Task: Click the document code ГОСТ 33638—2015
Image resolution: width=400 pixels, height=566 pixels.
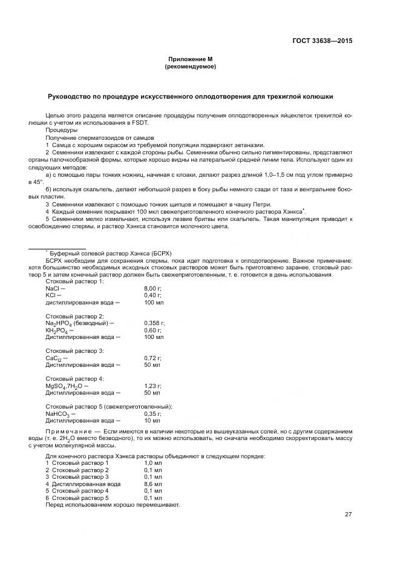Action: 322,42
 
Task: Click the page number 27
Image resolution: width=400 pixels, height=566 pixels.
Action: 349,515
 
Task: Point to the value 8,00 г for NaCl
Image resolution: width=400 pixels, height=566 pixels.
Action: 153,288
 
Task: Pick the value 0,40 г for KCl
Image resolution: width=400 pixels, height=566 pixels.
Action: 153,295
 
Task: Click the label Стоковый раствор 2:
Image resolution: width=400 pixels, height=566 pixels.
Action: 75,316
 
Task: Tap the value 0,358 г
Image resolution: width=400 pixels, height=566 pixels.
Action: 154,323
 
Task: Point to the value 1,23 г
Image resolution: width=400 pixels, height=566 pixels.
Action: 153,386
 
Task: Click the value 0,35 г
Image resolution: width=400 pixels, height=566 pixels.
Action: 153,413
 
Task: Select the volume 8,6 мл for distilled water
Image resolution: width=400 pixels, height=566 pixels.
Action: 152,484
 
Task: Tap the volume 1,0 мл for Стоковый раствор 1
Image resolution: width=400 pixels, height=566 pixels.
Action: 152,462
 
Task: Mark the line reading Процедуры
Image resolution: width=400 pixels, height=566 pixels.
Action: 61,130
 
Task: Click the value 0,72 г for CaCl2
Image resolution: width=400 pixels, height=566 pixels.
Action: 153,358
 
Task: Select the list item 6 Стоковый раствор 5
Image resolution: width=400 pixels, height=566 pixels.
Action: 77,498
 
